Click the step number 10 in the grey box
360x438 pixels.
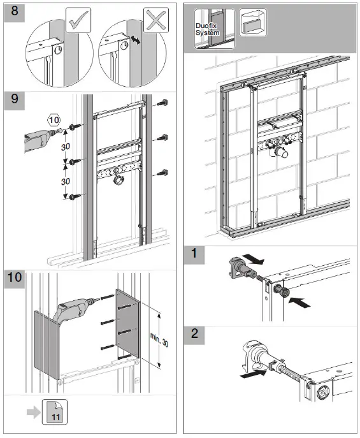[16, 279]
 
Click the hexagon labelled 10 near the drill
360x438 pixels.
[54, 119]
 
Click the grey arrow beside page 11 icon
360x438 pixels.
[31, 412]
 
